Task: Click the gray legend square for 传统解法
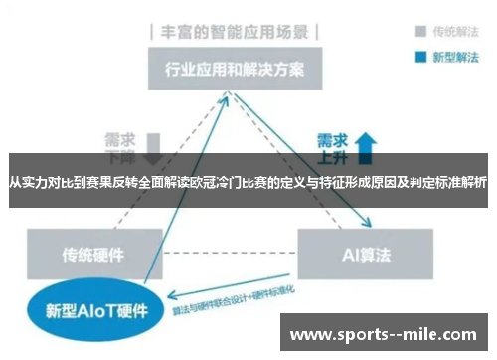(x=410, y=31)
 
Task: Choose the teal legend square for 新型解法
(x=410, y=56)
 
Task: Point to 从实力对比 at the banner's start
(x=38, y=182)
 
